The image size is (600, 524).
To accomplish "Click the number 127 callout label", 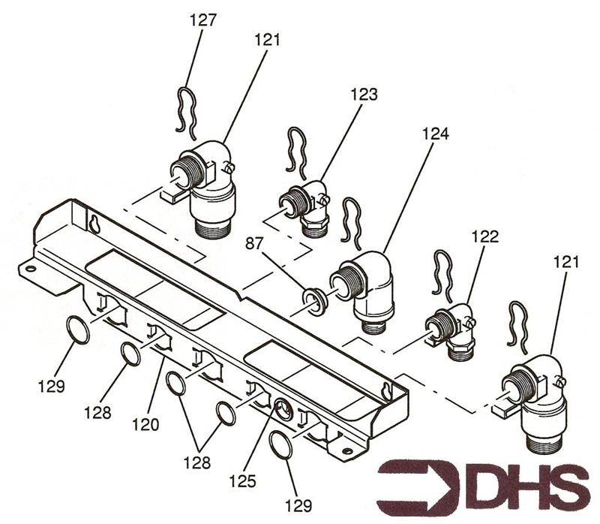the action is tap(203, 20).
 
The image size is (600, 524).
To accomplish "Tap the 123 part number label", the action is tap(364, 95).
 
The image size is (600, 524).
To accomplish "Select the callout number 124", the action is tap(436, 134).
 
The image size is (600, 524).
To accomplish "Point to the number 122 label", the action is tap(485, 236).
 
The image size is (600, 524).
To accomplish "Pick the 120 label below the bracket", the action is tap(145, 424).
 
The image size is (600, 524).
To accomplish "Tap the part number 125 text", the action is tap(242, 481).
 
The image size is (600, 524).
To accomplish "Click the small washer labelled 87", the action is tap(314, 303).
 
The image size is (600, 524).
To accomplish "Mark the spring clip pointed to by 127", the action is tap(187, 113).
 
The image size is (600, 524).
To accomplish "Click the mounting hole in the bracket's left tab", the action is tap(31, 268).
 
